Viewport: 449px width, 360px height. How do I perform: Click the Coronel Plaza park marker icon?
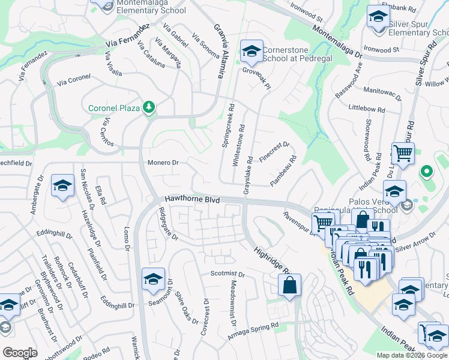click(x=148, y=107)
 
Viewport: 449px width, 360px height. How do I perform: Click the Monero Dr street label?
click(x=163, y=163)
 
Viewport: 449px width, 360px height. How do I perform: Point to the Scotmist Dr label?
click(x=228, y=274)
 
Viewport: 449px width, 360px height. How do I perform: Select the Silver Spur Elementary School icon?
click(x=378, y=17)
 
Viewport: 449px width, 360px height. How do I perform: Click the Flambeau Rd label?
click(x=283, y=171)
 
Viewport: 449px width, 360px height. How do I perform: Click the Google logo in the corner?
click(x=20, y=353)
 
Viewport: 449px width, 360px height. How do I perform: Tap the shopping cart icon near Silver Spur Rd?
click(x=403, y=153)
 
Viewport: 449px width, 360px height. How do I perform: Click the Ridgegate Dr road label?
click(x=168, y=223)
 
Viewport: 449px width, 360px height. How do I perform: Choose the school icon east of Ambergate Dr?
click(x=62, y=186)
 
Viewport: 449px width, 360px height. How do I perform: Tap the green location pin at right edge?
click(x=427, y=172)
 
